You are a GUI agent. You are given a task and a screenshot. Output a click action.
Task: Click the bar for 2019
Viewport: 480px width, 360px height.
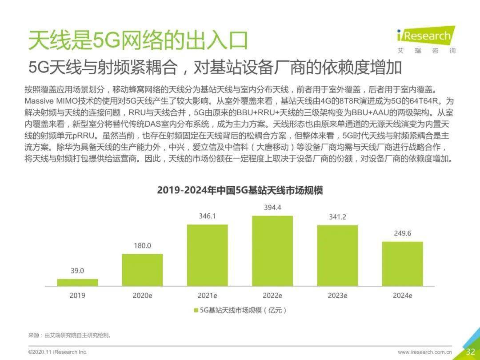[77, 282]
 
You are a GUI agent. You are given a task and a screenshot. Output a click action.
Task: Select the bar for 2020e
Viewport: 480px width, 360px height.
[142, 270]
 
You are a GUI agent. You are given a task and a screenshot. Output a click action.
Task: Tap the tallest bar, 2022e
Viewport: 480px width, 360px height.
[272, 251]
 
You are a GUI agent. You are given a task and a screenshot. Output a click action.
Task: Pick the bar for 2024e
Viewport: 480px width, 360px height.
[403, 264]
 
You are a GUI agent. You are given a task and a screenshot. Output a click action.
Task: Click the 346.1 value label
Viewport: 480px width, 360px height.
[207, 216]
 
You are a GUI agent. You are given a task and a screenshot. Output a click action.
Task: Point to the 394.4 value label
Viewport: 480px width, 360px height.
[272, 208]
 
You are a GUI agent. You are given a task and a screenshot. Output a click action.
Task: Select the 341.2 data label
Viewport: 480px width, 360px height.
[337, 217]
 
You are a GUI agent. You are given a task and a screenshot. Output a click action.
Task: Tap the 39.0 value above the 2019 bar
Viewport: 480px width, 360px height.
[77, 271]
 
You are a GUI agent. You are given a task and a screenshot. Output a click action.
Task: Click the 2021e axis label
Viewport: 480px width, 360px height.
[207, 295]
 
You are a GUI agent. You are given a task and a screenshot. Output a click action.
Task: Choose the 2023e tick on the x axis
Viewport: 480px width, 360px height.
[337, 295]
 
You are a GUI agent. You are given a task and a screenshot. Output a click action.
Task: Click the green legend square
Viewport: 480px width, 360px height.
[195, 310]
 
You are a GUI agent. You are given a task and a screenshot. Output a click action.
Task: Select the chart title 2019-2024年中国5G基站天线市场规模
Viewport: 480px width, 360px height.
[240, 190]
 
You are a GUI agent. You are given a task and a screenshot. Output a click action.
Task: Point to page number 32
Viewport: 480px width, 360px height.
[471, 352]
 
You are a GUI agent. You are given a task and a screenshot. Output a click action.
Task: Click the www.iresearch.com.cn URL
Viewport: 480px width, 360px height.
[424, 352]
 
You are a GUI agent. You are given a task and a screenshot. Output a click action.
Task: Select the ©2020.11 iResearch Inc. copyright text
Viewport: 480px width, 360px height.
[58, 352]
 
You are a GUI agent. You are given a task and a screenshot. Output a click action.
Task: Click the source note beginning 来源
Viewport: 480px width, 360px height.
[69, 335]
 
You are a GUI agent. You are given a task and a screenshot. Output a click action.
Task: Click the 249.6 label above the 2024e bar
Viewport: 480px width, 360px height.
[403, 233]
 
